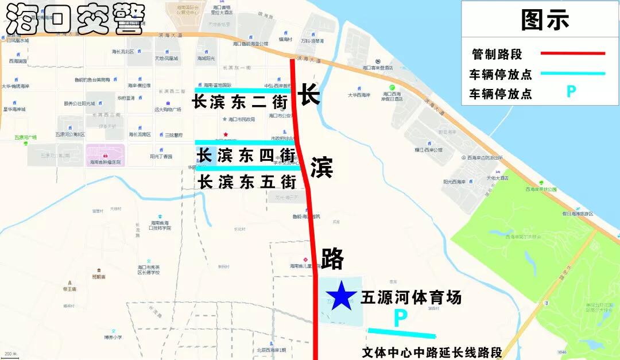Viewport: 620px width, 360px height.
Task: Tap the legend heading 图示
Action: click(544, 20)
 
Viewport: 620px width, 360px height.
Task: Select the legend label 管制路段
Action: click(497, 55)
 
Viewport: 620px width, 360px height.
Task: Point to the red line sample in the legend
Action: click(572, 53)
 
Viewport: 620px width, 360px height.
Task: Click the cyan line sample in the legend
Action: click(572, 73)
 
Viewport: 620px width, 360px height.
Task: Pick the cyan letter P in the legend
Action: click(571, 92)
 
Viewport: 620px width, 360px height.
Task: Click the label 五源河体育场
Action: click(411, 297)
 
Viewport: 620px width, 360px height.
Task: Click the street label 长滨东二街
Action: click(240, 102)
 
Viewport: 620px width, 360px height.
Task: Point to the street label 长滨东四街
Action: click(246, 156)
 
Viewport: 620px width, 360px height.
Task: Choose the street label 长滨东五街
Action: click(247, 182)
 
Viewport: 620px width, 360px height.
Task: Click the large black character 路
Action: click(332, 259)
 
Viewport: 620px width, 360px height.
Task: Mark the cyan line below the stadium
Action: click(401, 332)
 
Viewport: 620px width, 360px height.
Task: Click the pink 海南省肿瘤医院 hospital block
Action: click(105, 155)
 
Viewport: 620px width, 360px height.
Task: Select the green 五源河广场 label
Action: click(25, 138)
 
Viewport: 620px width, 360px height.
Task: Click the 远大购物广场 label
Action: click(168, 109)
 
